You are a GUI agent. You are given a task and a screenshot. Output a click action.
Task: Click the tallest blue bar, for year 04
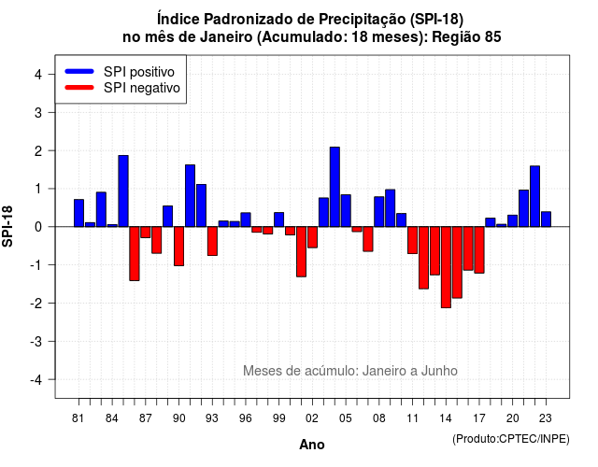click(335, 187)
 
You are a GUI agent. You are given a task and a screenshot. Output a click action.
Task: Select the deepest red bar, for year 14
click(446, 267)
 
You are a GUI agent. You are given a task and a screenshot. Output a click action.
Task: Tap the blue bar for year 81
click(78, 213)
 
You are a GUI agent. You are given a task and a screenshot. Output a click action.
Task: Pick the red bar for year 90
click(178, 247)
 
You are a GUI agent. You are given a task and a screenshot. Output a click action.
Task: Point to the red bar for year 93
click(212, 241)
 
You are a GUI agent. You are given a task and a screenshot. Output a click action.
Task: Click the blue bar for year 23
click(546, 219)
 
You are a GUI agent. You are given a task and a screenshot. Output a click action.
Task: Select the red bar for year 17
click(479, 249)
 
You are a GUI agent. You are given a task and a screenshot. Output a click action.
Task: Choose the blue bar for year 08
click(379, 212)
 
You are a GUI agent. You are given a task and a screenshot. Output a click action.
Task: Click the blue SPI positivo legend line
click(79, 71)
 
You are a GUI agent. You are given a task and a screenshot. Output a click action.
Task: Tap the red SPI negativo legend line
click(79, 88)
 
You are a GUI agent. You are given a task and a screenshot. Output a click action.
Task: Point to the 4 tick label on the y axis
click(38, 75)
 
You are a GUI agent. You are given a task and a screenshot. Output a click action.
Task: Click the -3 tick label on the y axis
click(36, 342)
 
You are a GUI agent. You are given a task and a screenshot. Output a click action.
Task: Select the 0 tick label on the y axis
click(38, 227)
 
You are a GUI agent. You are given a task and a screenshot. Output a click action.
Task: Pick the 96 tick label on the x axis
click(246, 418)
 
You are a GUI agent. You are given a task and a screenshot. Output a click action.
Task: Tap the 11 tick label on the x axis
click(413, 418)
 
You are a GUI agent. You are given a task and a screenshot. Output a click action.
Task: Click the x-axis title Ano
click(312, 445)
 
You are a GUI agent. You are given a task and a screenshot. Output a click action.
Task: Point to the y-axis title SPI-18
click(7, 226)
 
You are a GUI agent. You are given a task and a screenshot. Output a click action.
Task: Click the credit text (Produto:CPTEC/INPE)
click(511, 439)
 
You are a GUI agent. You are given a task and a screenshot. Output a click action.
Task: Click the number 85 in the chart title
click(492, 37)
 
